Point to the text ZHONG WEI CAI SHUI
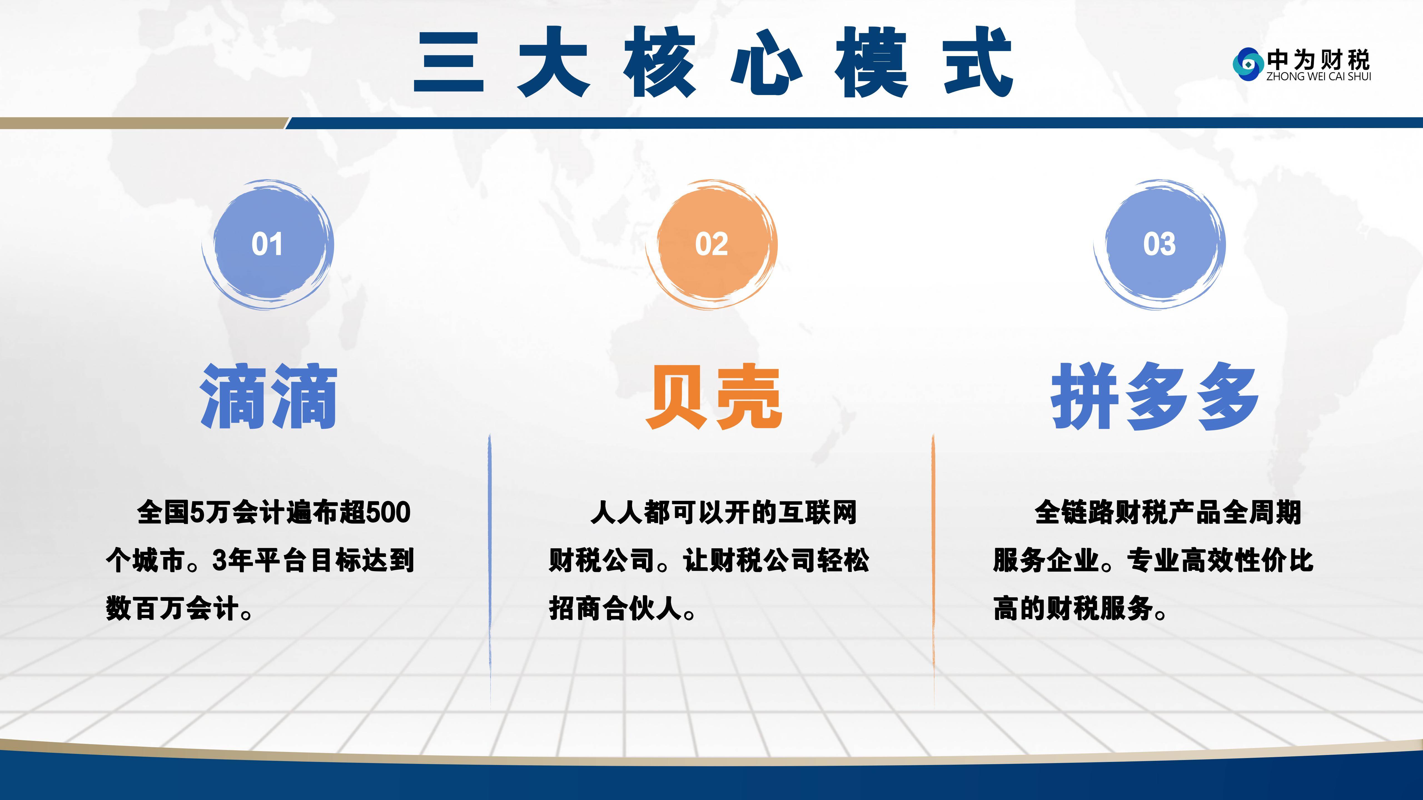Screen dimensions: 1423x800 [x=1318, y=77]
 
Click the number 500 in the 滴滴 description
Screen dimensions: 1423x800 [x=388, y=512]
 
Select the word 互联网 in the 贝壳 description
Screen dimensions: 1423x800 [x=818, y=512]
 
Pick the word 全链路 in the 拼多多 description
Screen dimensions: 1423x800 [x=1074, y=512]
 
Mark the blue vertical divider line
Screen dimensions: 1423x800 [x=489, y=571]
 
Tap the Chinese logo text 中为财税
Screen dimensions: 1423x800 [x=1318, y=60]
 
